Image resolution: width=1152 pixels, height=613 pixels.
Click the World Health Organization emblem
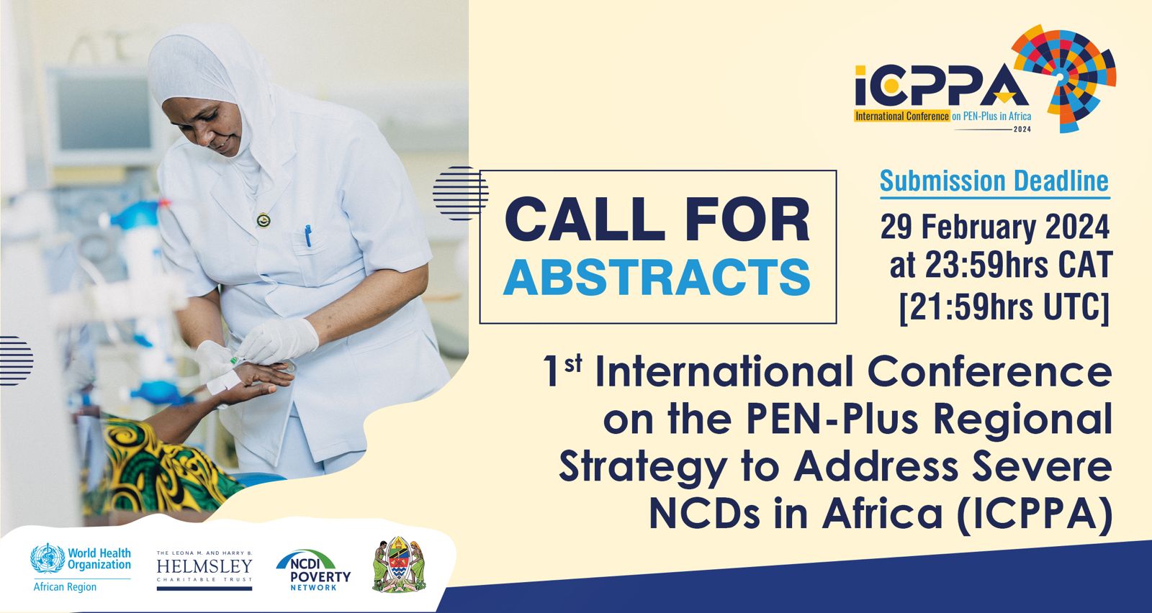click(x=48, y=558)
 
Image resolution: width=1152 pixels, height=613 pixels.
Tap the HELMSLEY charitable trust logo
click(x=204, y=571)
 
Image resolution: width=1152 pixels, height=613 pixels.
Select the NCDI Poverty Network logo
click(x=312, y=571)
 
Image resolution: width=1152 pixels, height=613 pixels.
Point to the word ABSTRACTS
click(x=657, y=277)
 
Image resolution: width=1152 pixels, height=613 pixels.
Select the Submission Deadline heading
click(x=994, y=181)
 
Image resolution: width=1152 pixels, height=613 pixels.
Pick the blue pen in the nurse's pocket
click(x=308, y=236)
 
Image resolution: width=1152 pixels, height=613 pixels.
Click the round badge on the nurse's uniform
click(x=264, y=220)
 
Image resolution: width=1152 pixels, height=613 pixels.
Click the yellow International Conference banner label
click(x=902, y=116)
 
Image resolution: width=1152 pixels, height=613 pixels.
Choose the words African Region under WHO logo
click(x=65, y=587)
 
